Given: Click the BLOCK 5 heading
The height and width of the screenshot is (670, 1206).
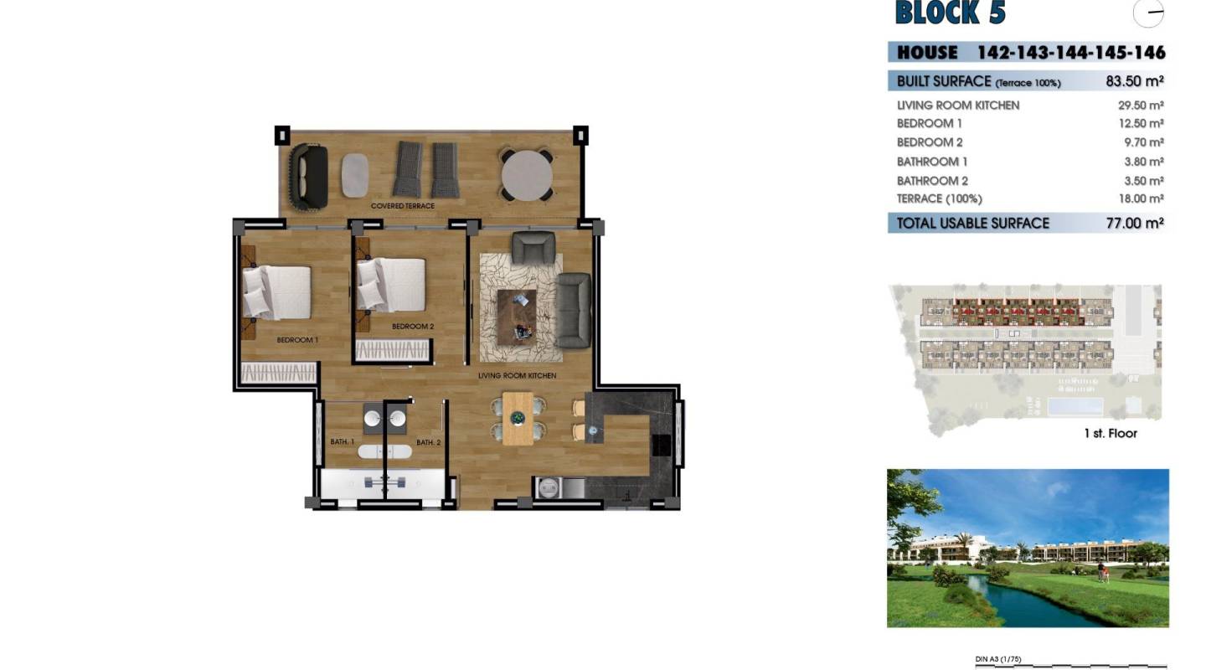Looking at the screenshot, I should pos(950,13).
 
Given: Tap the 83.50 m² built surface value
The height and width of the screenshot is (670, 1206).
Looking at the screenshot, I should pos(1135,81).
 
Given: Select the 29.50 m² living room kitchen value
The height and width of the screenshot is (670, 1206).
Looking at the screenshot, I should pos(1140,106).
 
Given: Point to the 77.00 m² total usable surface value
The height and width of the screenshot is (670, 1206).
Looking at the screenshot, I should pos(1134,223).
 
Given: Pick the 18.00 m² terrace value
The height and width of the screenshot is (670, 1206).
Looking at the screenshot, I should pos(1140,199).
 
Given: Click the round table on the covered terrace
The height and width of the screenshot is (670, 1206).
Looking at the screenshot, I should pos(527,174).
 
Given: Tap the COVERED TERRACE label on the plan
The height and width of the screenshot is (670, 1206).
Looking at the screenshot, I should pos(403,206).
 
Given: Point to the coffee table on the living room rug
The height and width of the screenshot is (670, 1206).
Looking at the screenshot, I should pos(517,315).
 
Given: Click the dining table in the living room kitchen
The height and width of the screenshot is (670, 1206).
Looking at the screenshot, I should pos(517,418).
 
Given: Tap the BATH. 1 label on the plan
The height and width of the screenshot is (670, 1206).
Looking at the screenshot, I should pos(342,441).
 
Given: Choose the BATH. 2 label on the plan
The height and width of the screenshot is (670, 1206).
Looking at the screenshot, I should pos(428,442).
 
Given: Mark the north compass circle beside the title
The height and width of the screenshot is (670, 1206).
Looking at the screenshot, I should pos(1148,13).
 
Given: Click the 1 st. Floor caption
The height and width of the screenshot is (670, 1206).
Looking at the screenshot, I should pos(1110,433).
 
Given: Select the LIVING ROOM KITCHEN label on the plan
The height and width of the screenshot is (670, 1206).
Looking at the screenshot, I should pos(517,376).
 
